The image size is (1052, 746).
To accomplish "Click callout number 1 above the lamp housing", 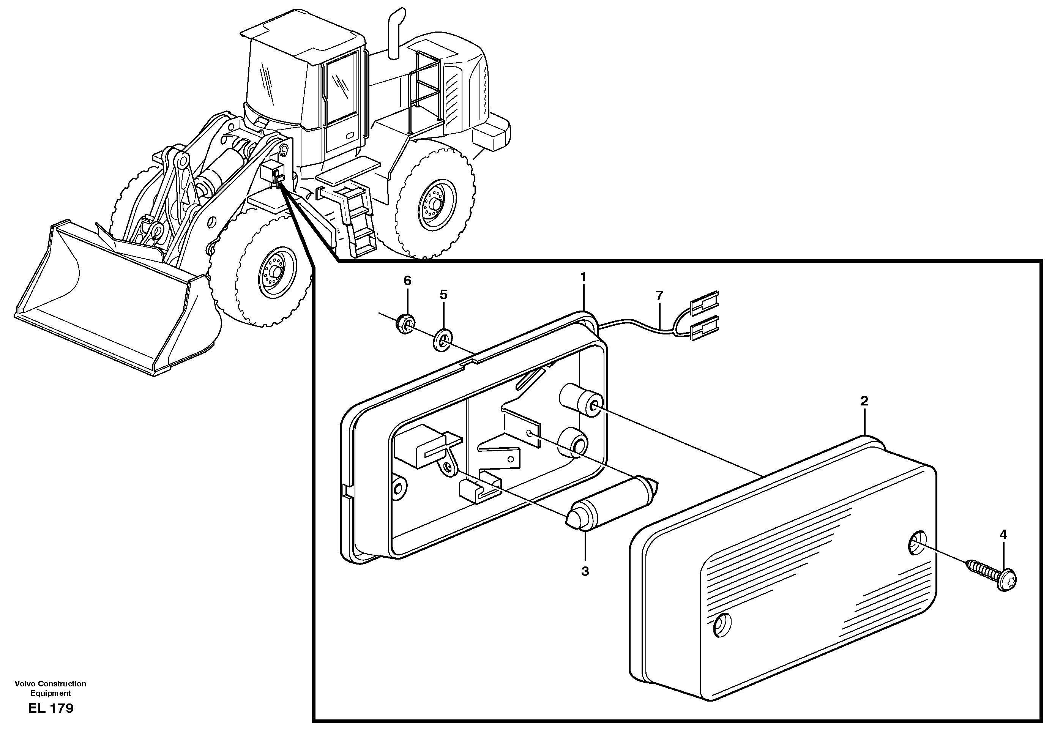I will tap(583, 277).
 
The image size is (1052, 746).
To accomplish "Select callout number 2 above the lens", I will tap(864, 401).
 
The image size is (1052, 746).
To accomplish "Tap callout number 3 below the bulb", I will tap(585, 571).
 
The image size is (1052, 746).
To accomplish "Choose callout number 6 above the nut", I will tap(407, 281).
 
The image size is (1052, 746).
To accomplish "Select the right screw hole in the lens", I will tap(917, 543).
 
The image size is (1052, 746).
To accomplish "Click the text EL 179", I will tap(50, 708).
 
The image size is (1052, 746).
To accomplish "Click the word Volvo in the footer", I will tap(24, 683).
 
